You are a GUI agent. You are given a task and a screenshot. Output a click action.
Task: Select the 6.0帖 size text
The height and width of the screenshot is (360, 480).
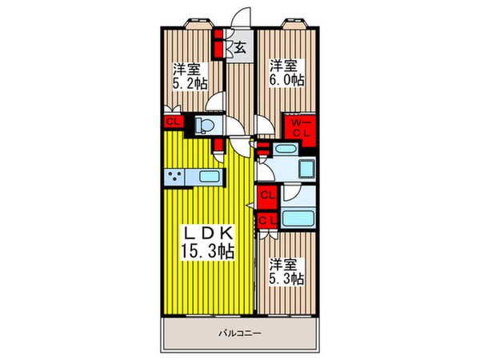click(286, 80)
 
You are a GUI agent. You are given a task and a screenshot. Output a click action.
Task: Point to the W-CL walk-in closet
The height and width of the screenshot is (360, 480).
click(302, 128)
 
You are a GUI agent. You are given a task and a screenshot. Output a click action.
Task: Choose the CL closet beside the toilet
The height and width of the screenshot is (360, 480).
click(172, 122)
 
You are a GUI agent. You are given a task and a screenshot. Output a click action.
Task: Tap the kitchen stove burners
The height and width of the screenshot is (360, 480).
click(175, 176)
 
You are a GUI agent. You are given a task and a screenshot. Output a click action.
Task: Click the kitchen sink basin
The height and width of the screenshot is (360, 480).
click(208, 176)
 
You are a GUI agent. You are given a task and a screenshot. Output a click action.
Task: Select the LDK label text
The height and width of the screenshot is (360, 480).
click(209, 233)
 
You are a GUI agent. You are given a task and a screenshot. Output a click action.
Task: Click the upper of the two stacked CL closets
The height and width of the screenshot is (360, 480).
click(267, 194)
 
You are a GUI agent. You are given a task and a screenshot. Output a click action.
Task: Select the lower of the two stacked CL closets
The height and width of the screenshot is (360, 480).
click(267, 219)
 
